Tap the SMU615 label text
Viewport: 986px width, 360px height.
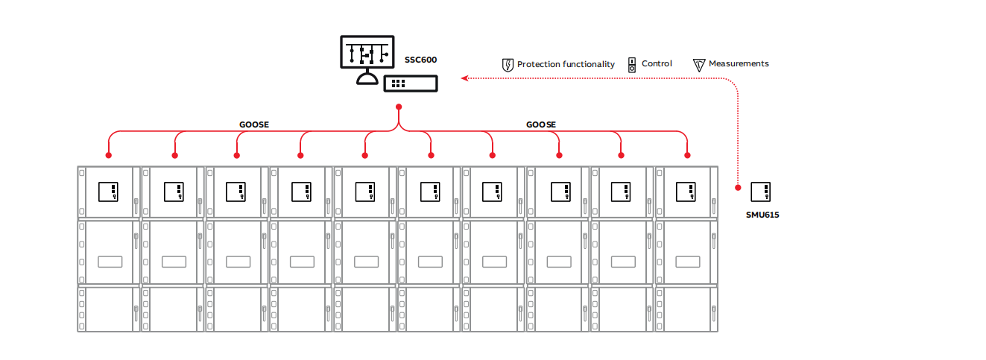tap(762, 215)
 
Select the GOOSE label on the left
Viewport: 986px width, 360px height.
tap(254, 124)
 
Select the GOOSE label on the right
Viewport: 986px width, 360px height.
tap(541, 124)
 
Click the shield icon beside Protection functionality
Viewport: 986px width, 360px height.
tap(508, 65)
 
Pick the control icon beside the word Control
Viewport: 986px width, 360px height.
tap(631, 64)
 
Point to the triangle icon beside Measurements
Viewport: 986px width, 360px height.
tap(698, 65)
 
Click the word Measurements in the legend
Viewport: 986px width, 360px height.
tap(739, 64)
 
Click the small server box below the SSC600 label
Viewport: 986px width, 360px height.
tap(410, 83)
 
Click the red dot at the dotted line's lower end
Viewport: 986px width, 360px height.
tap(738, 187)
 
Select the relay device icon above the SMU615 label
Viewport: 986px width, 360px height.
tap(761, 192)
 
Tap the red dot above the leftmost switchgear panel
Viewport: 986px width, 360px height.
tap(109, 156)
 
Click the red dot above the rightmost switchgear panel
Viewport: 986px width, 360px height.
tap(687, 156)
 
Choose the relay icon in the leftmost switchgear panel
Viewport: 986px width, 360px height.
tap(109, 192)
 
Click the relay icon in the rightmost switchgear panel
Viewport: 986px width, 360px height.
tap(686, 192)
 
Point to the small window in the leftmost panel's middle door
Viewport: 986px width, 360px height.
tap(110, 262)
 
